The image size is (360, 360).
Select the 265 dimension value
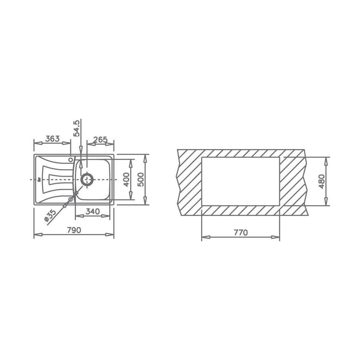[x=100, y=139]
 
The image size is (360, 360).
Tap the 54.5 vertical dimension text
[x=77, y=128]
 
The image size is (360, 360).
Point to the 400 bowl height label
[x=126, y=179]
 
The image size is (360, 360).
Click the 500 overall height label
[x=140, y=179]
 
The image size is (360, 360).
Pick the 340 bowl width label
[x=92, y=211]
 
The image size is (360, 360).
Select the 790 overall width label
[x=74, y=230]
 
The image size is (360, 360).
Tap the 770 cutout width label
[x=240, y=232]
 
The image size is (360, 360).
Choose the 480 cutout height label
[x=321, y=181]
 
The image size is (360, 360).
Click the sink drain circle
[x=87, y=179]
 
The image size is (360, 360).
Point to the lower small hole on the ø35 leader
[x=71, y=199]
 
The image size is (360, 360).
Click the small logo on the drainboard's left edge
[x=39, y=180]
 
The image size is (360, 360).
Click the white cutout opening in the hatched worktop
[x=240, y=181]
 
